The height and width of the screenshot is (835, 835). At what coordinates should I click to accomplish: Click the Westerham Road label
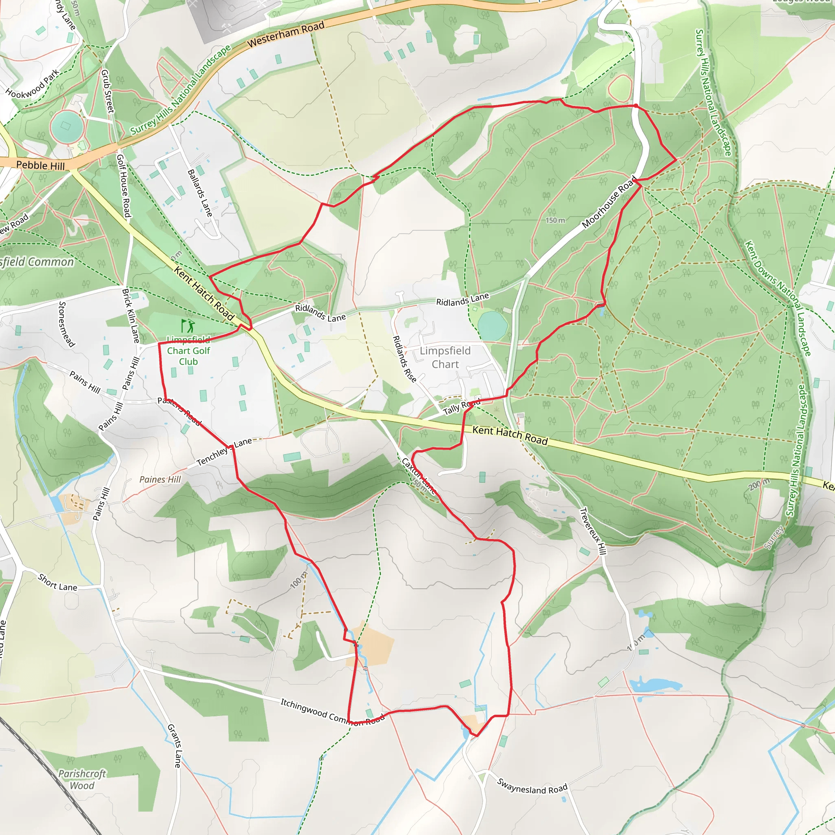286,35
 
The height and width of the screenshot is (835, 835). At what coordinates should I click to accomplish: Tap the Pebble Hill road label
40,165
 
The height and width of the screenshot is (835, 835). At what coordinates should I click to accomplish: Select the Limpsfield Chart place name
445,358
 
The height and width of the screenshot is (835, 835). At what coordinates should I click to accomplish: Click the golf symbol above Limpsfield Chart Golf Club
188,326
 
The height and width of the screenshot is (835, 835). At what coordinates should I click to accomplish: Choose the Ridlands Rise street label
404,359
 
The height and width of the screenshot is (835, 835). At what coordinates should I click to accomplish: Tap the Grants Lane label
174,746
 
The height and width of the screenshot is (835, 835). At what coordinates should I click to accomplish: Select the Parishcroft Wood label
82,780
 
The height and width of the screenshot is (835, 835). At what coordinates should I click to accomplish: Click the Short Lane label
57,583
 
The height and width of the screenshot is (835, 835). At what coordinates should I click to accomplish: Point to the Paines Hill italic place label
160,479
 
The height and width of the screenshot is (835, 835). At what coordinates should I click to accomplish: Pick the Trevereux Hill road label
593,531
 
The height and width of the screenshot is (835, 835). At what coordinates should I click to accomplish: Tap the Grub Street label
107,91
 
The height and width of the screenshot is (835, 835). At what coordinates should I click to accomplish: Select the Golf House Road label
124,186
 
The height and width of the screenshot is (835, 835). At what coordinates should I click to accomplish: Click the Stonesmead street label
66,324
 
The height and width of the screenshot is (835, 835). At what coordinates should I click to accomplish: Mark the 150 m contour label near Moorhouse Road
555,221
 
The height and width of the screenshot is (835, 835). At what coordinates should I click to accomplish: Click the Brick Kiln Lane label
130,316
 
